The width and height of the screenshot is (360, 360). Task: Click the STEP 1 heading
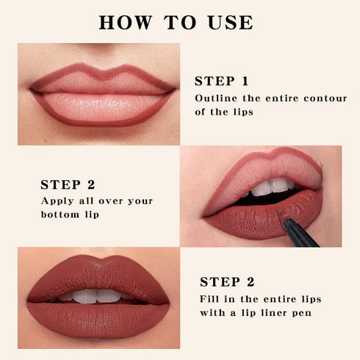221,81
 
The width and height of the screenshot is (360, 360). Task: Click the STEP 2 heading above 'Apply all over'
68,184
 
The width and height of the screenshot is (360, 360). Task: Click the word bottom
61,215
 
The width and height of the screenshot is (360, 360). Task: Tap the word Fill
211,298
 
